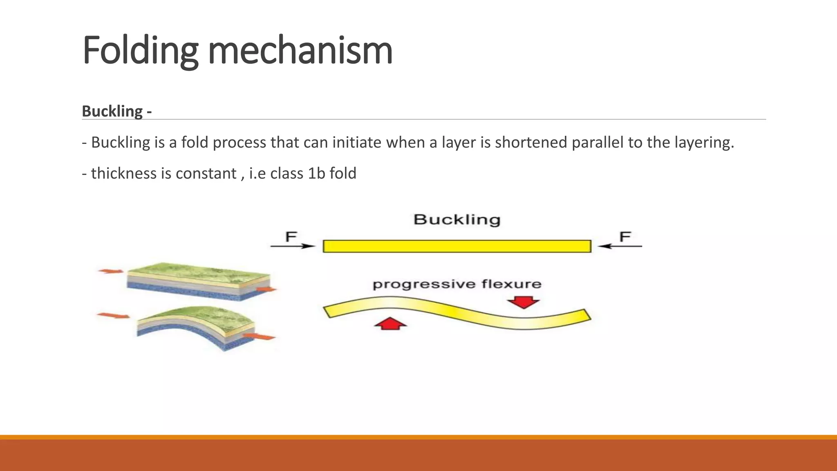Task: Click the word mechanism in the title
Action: [x=300, y=51]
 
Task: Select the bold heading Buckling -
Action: [x=117, y=111]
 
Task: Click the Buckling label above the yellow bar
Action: [x=457, y=220]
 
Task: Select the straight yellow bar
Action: [x=457, y=246]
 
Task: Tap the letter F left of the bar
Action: [x=291, y=236]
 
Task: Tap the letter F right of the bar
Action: [x=625, y=236]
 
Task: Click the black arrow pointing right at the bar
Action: [x=293, y=246]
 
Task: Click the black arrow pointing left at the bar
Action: [x=620, y=246]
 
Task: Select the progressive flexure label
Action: [x=457, y=284]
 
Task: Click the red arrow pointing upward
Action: [x=391, y=323]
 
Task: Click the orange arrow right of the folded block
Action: [x=259, y=336]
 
